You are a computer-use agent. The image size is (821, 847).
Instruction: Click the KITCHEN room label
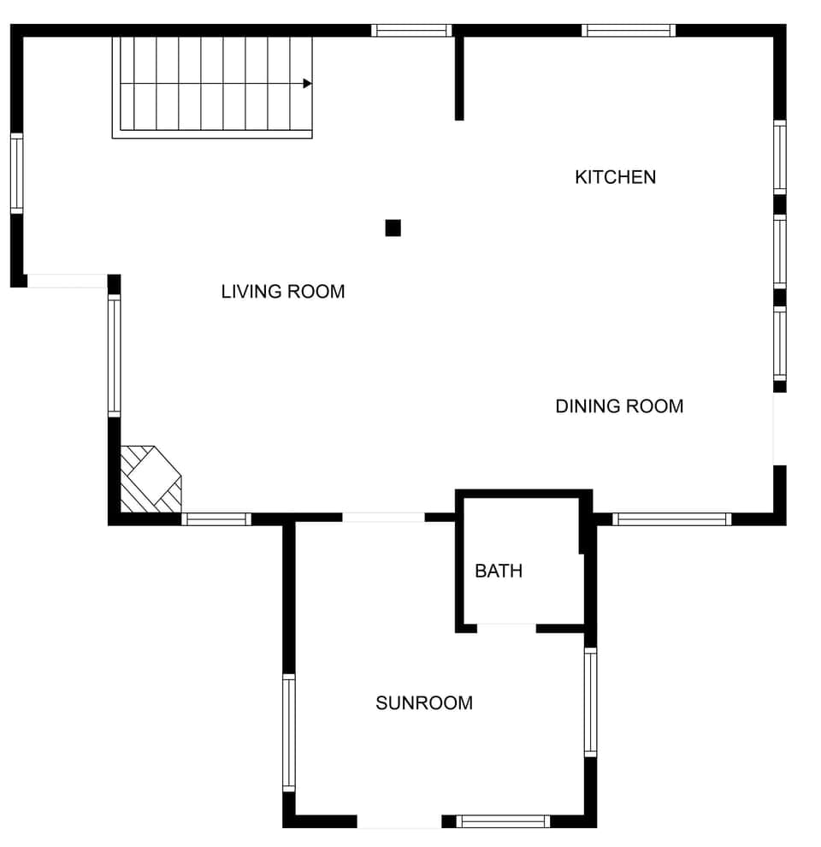[x=615, y=177]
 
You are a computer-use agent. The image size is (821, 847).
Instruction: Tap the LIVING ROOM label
[x=283, y=292]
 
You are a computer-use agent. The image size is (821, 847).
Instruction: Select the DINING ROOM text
[x=619, y=406]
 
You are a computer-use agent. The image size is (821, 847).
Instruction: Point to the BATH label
[x=499, y=571]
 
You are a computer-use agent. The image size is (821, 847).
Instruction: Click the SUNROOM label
[x=424, y=703]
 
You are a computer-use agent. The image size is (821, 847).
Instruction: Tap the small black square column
[x=393, y=228]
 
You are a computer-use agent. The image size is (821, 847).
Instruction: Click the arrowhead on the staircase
[x=307, y=84]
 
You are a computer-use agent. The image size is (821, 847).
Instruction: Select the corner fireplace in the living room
[x=151, y=479]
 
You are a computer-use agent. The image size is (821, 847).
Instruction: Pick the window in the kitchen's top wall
[x=629, y=31]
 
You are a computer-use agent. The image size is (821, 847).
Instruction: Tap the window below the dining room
[x=672, y=518]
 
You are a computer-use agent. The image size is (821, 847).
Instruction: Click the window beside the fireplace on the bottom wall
[x=216, y=518]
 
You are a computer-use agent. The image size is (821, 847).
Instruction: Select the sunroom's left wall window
[x=289, y=732]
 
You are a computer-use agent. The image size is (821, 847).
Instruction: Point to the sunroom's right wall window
[x=590, y=702]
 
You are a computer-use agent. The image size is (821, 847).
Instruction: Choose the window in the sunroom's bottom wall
[x=503, y=821]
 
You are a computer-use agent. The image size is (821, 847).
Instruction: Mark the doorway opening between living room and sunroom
[x=383, y=518]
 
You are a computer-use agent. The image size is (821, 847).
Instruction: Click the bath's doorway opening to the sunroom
[x=506, y=629]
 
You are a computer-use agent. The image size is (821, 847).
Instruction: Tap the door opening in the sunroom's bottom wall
[x=399, y=821]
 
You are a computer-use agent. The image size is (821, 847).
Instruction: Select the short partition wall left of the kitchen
[x=459, y=77]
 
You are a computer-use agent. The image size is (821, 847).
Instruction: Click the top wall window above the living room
[x=411, y=31]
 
